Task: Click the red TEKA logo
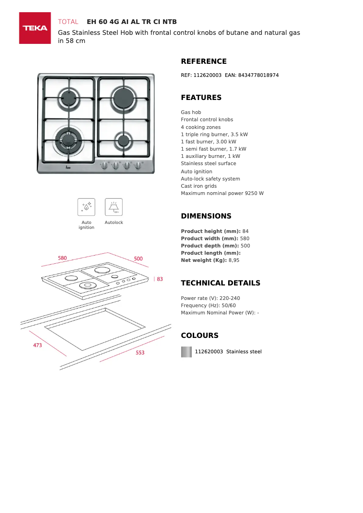(35, 28)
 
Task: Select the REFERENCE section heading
(204, 62)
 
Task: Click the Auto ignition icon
(86, 207)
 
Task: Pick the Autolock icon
(114, 207)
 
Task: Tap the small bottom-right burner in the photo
(123, 140)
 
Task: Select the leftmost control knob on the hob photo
(105, 166)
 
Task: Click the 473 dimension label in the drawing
(38, 345)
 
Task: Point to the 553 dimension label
(140, 352)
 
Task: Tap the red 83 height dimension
(160, 279)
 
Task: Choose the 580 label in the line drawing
(62, 258)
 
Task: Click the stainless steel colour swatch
(186, 352)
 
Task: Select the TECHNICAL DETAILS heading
(220, 283)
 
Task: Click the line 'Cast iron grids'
(199, 186)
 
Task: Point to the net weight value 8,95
(234, 260)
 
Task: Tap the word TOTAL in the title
(68, 22)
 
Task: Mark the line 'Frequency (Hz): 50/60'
(208, 305)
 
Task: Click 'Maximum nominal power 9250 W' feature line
(222, 193)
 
